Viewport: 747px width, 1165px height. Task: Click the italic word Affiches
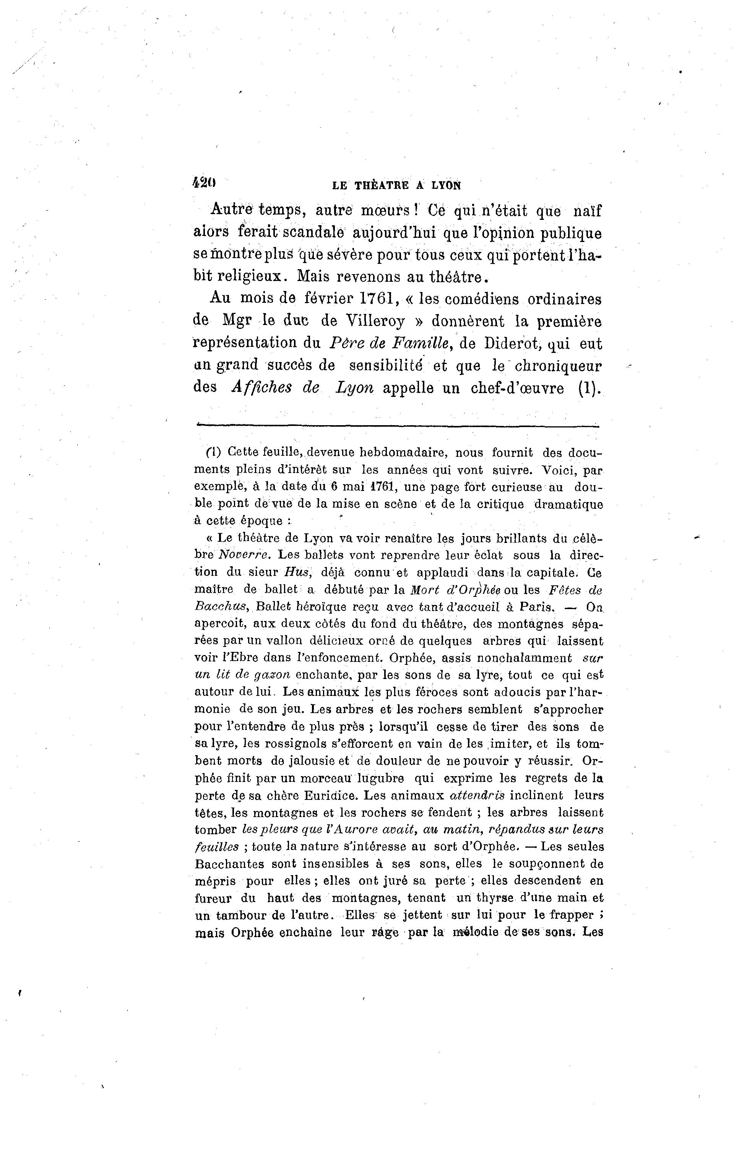pos(262,388)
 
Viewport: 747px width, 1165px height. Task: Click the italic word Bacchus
pos(222,606)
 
